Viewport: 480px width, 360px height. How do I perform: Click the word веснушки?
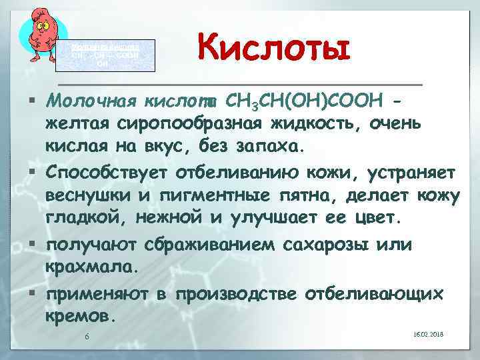(93, 196)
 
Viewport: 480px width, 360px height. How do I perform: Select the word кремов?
(81, 315)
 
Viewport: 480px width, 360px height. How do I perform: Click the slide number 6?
(87, 335)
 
